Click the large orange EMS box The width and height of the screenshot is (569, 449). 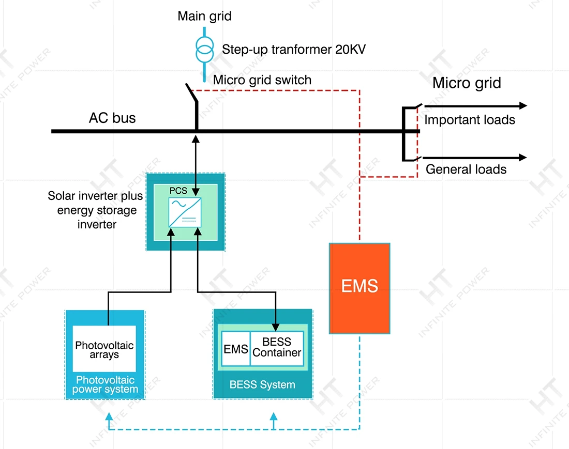click(x=360, y=288)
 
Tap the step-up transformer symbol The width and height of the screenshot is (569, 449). click(x=204, y=49)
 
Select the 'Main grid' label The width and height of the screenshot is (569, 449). click(x=204, y=16)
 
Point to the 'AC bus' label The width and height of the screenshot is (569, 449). click(x=112, y=118)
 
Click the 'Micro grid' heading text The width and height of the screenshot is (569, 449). click(x=467, y=83)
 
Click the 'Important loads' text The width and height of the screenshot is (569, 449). click(x=470, y=120)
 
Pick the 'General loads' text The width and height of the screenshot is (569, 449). click(x=466, y=169)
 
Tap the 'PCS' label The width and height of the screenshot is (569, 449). click(x=178, y=191)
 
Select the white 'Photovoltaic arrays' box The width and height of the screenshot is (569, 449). click(x=104, y=349)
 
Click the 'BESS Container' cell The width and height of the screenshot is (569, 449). click(x=277, y=348)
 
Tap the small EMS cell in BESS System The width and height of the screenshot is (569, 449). click(x=235, y=349)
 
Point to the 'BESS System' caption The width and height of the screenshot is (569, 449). click(x=262, y=385)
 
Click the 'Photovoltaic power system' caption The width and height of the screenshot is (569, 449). click(x=105, y=385)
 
